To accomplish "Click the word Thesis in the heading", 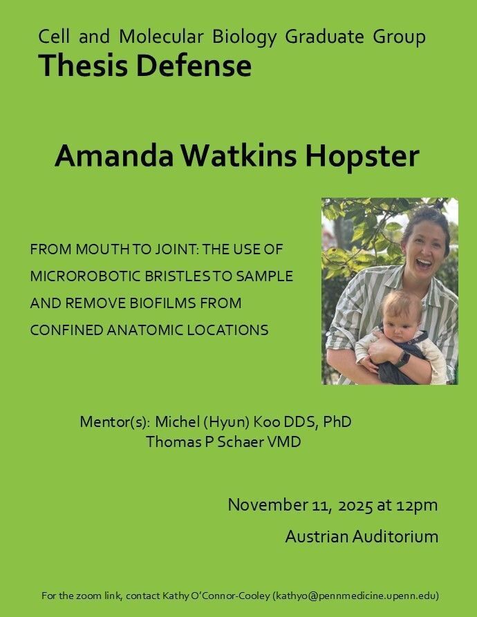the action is click(83, 66).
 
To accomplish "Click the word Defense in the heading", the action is click(194, 66).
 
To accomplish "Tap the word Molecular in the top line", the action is click(161, 37).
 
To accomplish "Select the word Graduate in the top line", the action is click(325, 37).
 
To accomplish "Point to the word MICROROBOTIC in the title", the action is click(86, 276).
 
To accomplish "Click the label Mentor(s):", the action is click(115, 422).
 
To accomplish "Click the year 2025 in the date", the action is click(355, 505).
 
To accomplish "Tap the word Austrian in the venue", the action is click(317, 536).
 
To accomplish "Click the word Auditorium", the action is click(395, 536).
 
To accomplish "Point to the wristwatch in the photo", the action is click(403, 359).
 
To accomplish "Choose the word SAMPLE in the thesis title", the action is click(265, 276).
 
